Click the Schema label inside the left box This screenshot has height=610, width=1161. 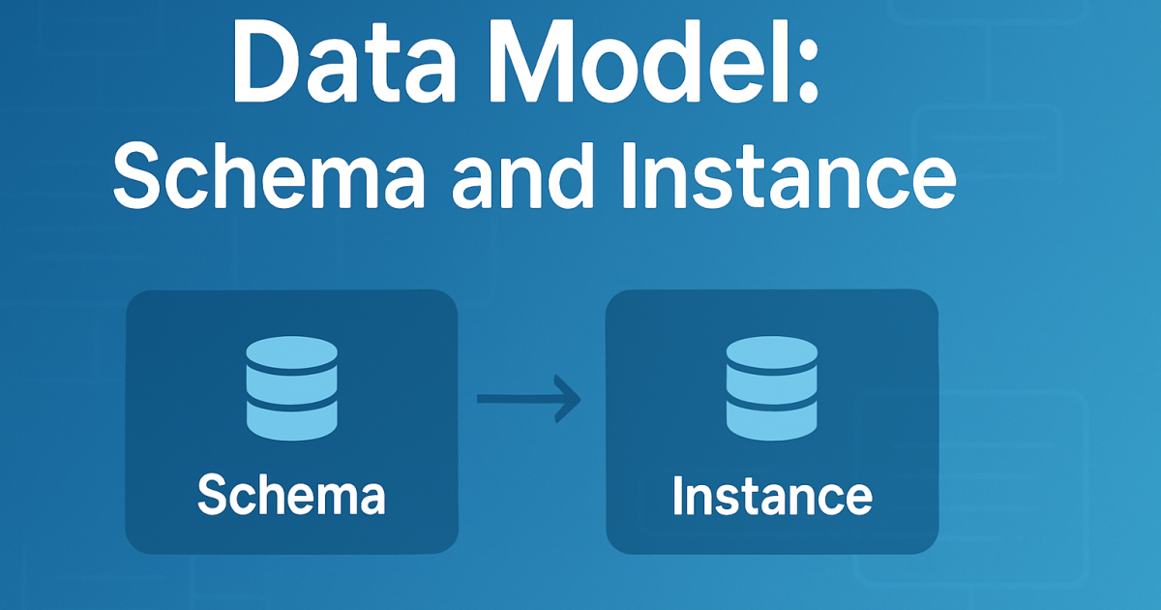click(x=291, y=496)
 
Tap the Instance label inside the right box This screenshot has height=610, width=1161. click(x=772, y=496)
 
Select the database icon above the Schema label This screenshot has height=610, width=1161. click(x=291, y=385)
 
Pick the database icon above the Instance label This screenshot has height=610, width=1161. click(x=772, y=385)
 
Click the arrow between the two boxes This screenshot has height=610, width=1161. click(x=528, y=398)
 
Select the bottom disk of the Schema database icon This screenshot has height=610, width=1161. click(x=291, y=417)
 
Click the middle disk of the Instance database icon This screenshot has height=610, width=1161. click(x=772, y=385)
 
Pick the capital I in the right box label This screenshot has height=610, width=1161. click(x=678, y=496)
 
